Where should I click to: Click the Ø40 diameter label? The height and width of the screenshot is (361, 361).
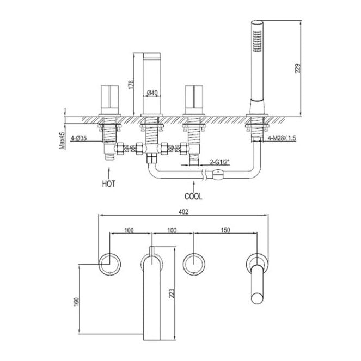pos(152,93)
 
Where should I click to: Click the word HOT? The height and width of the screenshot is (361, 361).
pos(108,184)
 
